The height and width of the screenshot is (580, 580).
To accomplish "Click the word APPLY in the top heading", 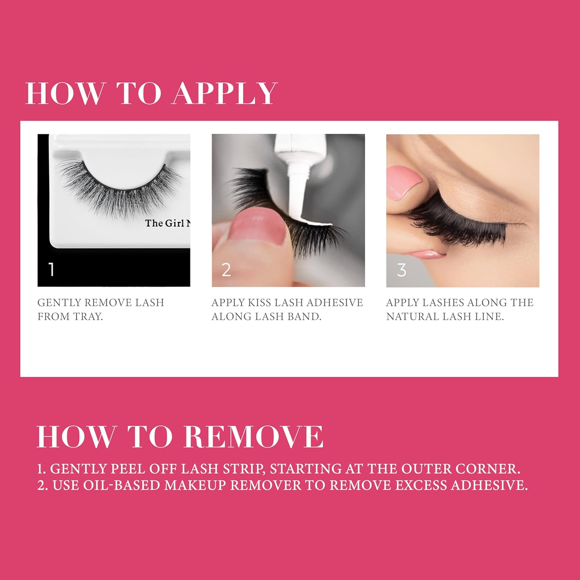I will [225, 94].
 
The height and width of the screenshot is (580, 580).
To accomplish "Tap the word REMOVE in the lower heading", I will [253, 437].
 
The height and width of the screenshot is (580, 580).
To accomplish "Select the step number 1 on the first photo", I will [51, 269].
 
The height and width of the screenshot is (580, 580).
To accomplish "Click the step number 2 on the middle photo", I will [226, 270].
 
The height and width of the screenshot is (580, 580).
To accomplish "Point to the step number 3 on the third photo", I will [402, 270].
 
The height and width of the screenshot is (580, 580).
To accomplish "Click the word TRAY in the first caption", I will [88, 317].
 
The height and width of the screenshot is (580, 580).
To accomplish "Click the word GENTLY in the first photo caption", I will [59, 302].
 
